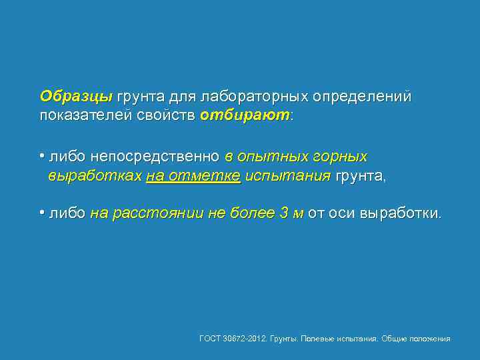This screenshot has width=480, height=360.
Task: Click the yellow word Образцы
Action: (x=75, y=97)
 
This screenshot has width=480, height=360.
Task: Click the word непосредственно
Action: (x=154, y=157)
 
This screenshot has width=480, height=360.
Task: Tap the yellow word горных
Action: (x=343, y=157)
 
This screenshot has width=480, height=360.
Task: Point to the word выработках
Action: (x=95, y=176)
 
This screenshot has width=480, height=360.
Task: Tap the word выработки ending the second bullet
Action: (x=399, y=214)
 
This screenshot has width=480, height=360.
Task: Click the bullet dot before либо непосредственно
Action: (x=42, y=157)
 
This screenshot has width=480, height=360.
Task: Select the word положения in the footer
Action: (x=430, y=339)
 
